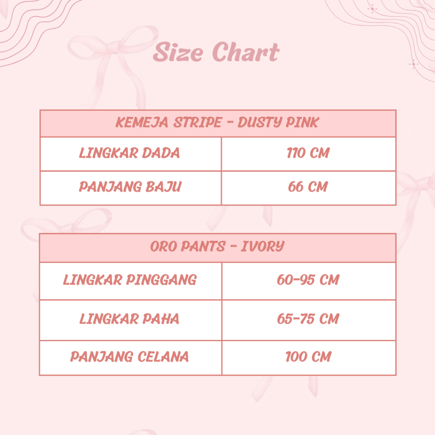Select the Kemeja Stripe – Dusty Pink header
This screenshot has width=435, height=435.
pyautogui.click(x=217, y=122)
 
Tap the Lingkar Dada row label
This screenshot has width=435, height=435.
pyautogui.click(x=130, y=153)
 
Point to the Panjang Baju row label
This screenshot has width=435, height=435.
pyautogui.click(x=130, y=187)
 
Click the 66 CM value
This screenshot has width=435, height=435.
pyautogui.click(x=308, y=187)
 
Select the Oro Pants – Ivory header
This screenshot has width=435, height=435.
pyautogui.click(x=217, y=246)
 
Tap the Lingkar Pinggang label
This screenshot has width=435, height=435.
pyautogui.click(x=130, y=280)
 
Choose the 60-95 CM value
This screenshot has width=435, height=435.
pyautogui.click(x=308, y=280)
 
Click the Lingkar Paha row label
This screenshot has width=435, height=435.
pyautogui.click(x=129, y=319)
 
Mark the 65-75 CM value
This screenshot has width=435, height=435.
pyautogui.click(x=308, y=319)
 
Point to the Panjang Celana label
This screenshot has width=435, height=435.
pyautogui.click(x=130, y=357)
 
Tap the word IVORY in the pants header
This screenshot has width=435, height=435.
pyautogui.click(x=263, y=246)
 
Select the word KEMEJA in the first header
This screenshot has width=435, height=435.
pyautogui.click(x=142, y=122)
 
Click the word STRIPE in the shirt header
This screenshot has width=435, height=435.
pyautogui.click(x=198, y=122)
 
